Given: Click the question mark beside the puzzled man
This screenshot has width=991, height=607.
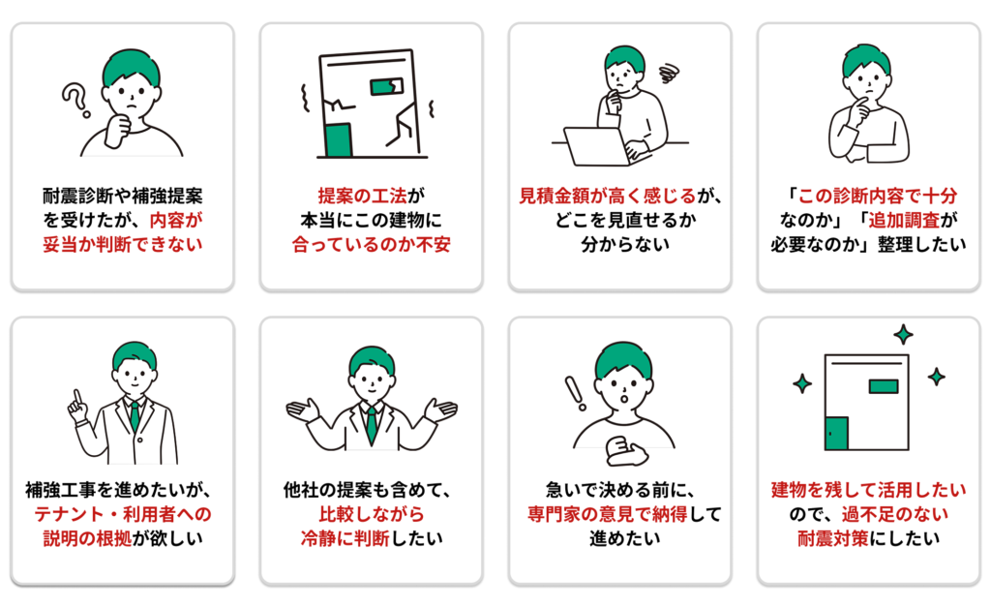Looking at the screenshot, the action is click(75, 101).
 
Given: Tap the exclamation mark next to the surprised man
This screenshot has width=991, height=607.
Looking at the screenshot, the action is click(575, 393).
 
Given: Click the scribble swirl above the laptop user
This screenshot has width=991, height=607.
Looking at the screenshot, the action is click(669, 74).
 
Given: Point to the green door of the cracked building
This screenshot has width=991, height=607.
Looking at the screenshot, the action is click(338, 139).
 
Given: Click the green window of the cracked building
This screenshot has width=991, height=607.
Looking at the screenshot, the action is click(386, 86).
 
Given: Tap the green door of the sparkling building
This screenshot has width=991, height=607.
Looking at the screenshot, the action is click(837, 433).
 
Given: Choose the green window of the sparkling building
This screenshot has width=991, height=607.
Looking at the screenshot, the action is click(884, 386).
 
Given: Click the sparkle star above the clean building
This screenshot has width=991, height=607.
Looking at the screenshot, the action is click(903, 334).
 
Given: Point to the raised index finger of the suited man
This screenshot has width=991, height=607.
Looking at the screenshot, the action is click(77, 397).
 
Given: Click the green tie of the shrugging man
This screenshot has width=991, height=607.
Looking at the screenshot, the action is click(372, 424).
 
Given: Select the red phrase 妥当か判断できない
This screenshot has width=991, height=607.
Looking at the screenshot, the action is click(123, 245).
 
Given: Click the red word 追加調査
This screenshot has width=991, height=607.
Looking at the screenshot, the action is click(904, 220).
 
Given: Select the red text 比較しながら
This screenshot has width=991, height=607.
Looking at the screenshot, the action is click(372, 514).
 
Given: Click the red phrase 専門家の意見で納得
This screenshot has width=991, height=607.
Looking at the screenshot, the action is click(608, 514).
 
